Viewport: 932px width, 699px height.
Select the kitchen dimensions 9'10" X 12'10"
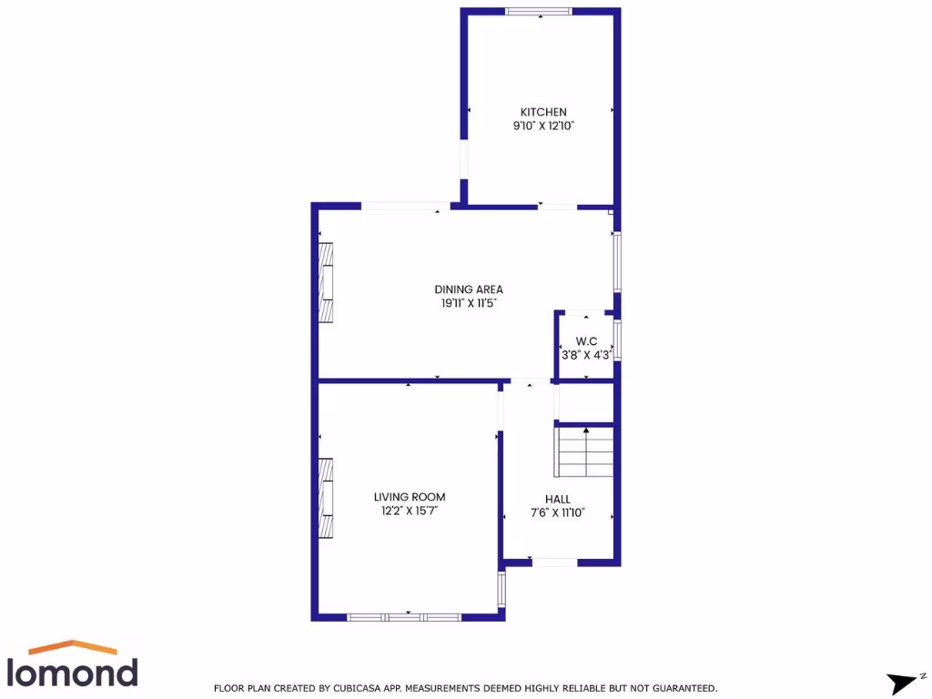coord(543,127)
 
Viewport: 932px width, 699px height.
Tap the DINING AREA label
coord(469,289)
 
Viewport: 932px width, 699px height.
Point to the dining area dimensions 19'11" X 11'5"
coord(469,304)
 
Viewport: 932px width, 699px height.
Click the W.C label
coord(585,340)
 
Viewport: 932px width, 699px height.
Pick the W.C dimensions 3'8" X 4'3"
coord(585,355)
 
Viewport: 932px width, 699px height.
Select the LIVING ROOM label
coord(410,497)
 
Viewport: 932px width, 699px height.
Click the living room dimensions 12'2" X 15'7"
coord(410,512)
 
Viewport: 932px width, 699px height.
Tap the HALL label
coord(558,499)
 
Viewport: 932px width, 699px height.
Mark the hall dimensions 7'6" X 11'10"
coord(558,513)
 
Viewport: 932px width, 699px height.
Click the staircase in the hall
coord(584,451)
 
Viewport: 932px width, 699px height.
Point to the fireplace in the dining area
coord(326,281)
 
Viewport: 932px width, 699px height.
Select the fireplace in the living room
coord(326,499)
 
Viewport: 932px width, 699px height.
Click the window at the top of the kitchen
coord(539,12)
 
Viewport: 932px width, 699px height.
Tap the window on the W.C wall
coord(617,339)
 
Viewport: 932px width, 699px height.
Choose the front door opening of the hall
coord(554,562)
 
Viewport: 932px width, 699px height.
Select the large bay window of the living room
coord(404,617)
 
